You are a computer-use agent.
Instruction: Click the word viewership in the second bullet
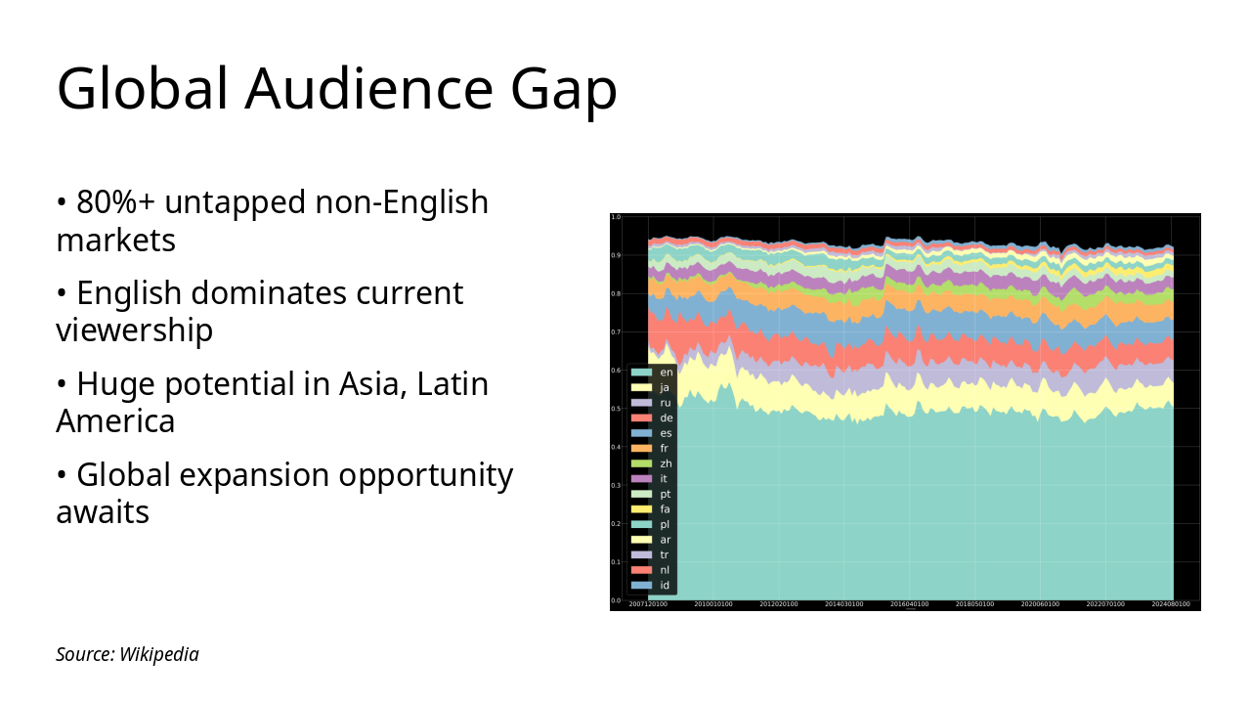(134, 330)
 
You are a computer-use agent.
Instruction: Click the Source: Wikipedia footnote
(127, 654)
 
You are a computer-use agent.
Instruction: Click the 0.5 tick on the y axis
(616, 409)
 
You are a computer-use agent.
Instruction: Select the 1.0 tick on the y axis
(616, 217)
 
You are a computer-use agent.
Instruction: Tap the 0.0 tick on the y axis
(616, 600)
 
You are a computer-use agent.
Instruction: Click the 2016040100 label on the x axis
(909, 604)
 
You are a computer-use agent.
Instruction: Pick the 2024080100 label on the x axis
(1171, 604)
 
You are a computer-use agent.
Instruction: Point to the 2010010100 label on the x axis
(713, 604)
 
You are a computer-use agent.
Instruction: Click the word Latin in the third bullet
(453, 384)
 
